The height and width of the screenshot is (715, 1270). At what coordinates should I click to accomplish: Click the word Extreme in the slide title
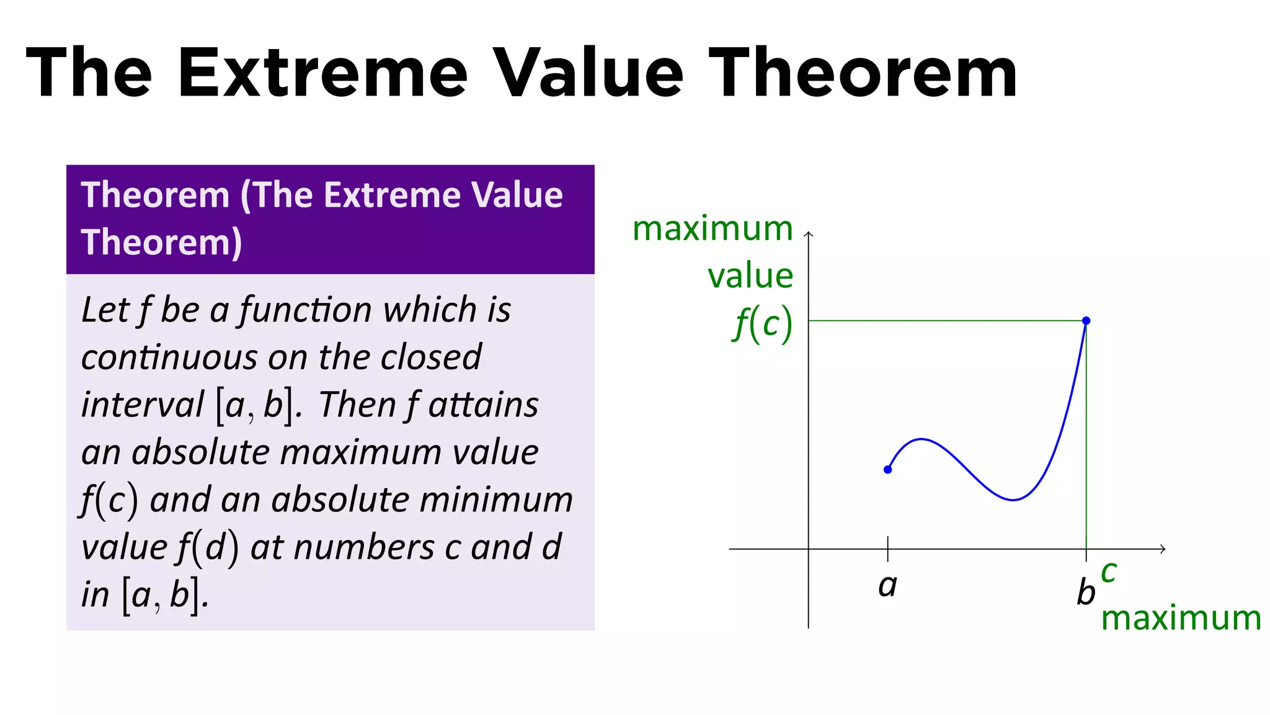click(x=322, y=73)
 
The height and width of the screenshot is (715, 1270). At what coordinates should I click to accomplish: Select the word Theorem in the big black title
click(x=863, y=73)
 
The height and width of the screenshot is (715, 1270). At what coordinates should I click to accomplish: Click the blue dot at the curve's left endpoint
click(x=887, y=470)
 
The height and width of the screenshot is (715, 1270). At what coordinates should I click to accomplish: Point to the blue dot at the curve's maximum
click(x=1086, y=321)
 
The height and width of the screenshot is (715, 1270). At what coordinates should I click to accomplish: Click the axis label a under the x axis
click(x=887, y=585)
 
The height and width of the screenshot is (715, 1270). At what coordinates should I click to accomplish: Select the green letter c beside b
click(x=1109, y=572)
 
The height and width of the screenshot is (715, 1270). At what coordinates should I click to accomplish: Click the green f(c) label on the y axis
click(x=763, y=324)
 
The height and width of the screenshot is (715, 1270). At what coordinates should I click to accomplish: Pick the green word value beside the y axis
click(x=750, y=276)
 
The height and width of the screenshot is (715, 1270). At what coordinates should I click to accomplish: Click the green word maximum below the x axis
click(x=1181, y=618)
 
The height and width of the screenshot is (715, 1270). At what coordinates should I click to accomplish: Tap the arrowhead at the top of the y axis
click(x=808, y=234)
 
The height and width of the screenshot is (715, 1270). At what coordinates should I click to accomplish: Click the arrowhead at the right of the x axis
click(x=1163, y=549)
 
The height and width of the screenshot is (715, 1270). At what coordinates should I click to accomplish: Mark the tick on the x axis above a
click(x=887, y=548)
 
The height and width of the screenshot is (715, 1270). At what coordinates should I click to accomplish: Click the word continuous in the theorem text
click(x=169, y=357)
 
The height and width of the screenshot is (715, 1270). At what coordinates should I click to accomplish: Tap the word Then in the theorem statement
click(x=357, y=405)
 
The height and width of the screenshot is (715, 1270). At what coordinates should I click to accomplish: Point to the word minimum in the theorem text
click(x=496, y=500)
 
